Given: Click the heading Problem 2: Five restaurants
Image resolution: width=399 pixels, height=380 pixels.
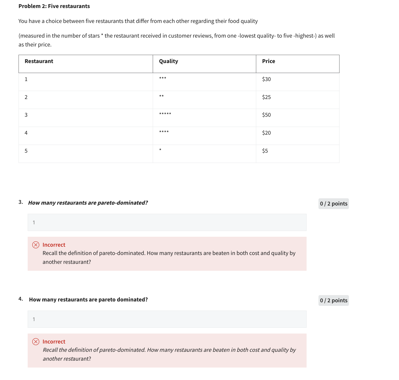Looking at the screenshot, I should click(x=54, y=6).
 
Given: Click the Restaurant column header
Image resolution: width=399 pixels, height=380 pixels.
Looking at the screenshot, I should click(x=39, y=61).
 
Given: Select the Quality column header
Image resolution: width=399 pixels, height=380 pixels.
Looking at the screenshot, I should click(x=168, y=61).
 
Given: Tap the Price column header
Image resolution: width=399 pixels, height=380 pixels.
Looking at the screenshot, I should click(x=268, y=61).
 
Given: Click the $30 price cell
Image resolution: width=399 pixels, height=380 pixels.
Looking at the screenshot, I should click(x=266, y=79).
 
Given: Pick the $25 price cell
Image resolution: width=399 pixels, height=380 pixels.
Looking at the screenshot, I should click(x=266, y=97).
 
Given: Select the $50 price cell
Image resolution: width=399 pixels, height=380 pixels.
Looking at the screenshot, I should click(x=266, y=115).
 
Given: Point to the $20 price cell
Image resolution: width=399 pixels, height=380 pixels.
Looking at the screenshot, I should click(x=266, y=133).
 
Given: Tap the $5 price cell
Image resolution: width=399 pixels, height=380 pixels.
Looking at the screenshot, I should click(x=265, y=151).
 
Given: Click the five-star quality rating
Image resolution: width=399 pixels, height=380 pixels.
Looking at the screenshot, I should click(x=165, y=114).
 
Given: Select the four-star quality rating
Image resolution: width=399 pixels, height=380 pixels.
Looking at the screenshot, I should click(x=164, y=132).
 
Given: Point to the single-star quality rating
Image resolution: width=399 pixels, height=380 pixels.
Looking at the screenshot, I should click(x=160, y=150).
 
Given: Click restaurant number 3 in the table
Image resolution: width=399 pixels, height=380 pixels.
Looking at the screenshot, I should click(x=26, y=115).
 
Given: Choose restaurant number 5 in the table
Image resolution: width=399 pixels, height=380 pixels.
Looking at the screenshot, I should click(x=26, y=151).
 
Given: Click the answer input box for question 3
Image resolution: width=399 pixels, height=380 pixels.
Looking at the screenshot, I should click(x=167, y=222).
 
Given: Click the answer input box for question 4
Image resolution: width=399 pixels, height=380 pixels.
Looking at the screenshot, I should click(x=167, y=319).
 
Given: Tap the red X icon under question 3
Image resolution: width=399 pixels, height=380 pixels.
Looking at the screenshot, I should click(x=36, y=245).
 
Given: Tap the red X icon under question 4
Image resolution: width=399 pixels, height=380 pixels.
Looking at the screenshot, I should click(x=36, y=342).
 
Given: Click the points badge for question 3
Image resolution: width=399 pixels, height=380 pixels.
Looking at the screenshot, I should click(x=333, y=204).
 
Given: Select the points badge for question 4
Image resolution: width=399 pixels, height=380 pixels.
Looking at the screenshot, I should click(x=333, y=300).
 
